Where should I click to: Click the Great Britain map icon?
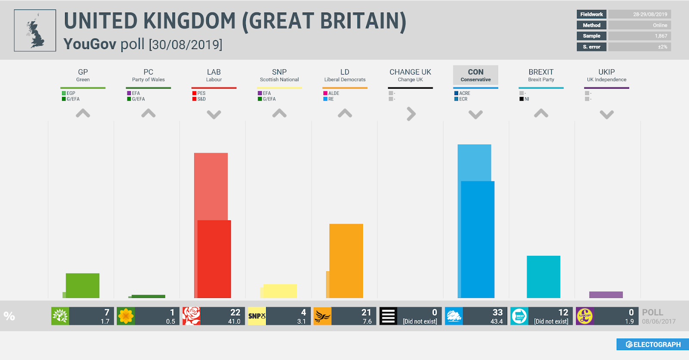tap(35, 31)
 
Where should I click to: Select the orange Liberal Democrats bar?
tap(346, 261)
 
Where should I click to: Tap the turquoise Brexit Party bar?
tap(543, 276)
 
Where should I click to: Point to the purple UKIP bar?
tap(606, 295)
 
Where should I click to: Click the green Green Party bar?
tap(83, 286)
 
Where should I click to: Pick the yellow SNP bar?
tap(279, 291)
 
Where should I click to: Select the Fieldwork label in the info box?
tap(591, 14)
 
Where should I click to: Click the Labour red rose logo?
tap(192, 316)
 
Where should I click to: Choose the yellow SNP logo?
tap(257, 316)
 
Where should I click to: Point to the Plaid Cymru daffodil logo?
tap(126, 316)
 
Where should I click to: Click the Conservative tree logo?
tap(454, 316)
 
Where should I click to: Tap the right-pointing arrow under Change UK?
tap(411, 114)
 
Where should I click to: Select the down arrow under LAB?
tap(214, 114)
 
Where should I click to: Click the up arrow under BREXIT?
tap(541, 113)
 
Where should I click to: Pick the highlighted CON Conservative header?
tap(475, 75)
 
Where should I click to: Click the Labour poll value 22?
tap(235, 312)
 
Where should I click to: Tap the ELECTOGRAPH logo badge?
tap(653, 344)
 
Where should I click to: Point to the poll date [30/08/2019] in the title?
tap(186, 44)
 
